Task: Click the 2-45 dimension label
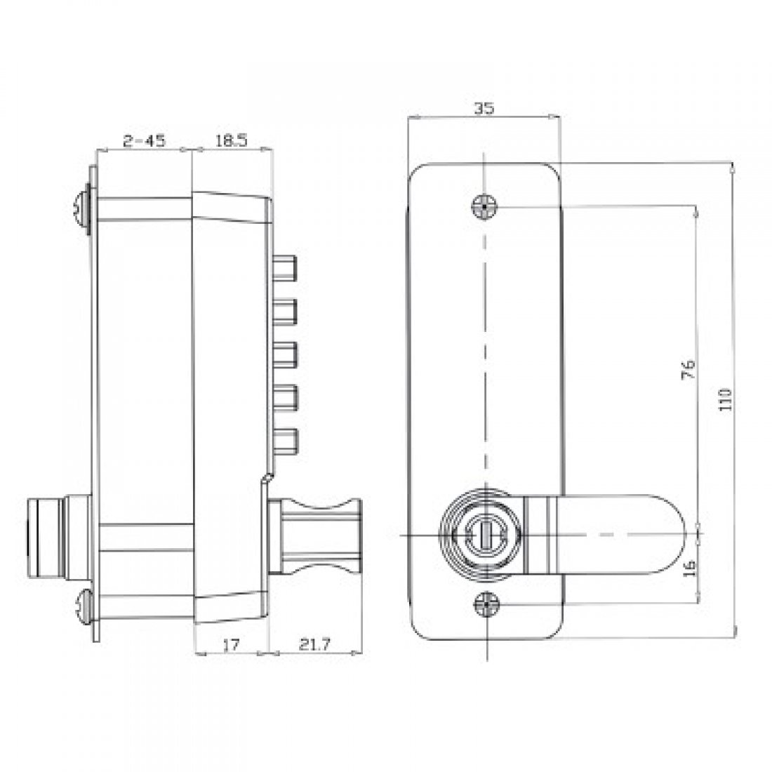[x=144, y=141]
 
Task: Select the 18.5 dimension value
[x=231, y=141]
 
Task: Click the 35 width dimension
[x=484, y=108]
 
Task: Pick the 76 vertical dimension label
[x=688, y=368]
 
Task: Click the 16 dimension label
[x=688, y=566]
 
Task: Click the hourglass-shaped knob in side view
[x=316, y=534]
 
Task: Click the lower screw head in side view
[x=84, y=605]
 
